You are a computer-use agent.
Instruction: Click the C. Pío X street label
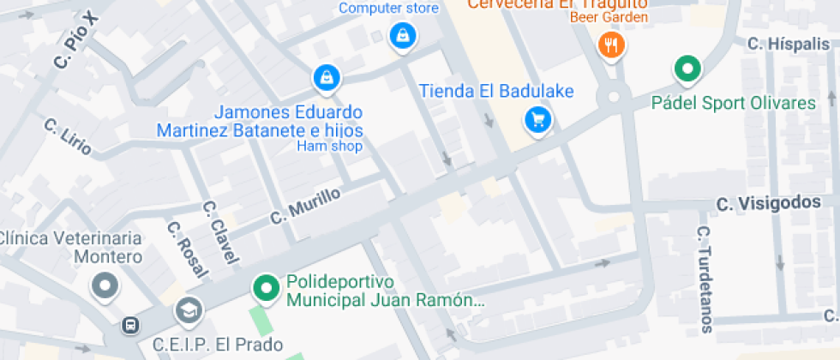click(76, 40)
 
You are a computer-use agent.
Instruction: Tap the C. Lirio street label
click(69, 137)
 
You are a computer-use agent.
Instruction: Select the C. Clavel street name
click(219, 231)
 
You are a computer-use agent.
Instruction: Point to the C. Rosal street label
click(187, 249)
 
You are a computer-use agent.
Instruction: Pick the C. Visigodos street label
click(768, 204)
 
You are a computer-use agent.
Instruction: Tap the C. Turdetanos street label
click(704, 279)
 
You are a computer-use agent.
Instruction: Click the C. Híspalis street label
click(788, 44)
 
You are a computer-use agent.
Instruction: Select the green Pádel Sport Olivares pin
click(687, 69)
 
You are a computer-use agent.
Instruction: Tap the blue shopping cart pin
click(537, 119)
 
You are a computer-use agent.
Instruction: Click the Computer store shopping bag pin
click(401, 36)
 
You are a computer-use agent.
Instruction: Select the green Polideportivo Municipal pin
click(267, 288)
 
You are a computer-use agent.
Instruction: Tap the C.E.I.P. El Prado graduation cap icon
click(188, 310)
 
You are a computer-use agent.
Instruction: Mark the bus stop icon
click(130, 326)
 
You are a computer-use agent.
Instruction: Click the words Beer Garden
click(609, 16)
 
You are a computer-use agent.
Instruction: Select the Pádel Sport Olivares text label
click(734, 103)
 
